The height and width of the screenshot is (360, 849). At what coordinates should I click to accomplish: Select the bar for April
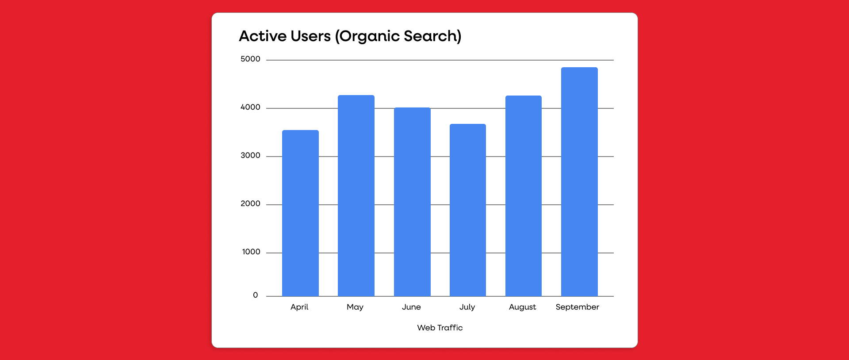(x=300, y=213)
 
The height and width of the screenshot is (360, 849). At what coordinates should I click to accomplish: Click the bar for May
(x=356, y=195)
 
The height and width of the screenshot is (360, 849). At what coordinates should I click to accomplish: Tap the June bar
(x=412, y=202)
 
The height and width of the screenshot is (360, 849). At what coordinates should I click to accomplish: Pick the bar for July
(x=468, y=210)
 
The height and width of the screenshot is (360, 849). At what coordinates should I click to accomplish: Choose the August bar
(x=524, y=196)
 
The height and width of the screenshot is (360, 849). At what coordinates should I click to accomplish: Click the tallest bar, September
(x=579, y=182)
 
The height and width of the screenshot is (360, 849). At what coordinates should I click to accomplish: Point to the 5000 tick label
(x=250, y=59)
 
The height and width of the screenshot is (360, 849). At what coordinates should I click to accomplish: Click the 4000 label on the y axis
(x=250, y=107)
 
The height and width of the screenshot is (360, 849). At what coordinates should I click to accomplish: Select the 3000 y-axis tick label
(x=250, y=156)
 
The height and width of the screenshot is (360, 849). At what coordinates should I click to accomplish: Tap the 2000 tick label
(x=250, y=204)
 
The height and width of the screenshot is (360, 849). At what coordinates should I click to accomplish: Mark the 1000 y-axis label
(x=251, y=252)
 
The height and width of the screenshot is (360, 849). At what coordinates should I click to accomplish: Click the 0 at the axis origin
(x=255, y=295)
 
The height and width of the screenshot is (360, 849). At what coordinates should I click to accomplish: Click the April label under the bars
(x=299, y=307)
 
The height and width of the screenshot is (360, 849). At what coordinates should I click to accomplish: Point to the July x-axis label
(x=467, y=307)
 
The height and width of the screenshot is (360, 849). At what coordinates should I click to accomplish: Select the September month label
(x=577, y=307)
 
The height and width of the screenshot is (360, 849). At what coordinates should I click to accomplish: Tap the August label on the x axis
(x=522, y=307)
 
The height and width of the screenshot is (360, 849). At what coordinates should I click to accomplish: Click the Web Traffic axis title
(x=440, y=328)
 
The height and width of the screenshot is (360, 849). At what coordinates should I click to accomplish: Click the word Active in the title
(x=263, y=36)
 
